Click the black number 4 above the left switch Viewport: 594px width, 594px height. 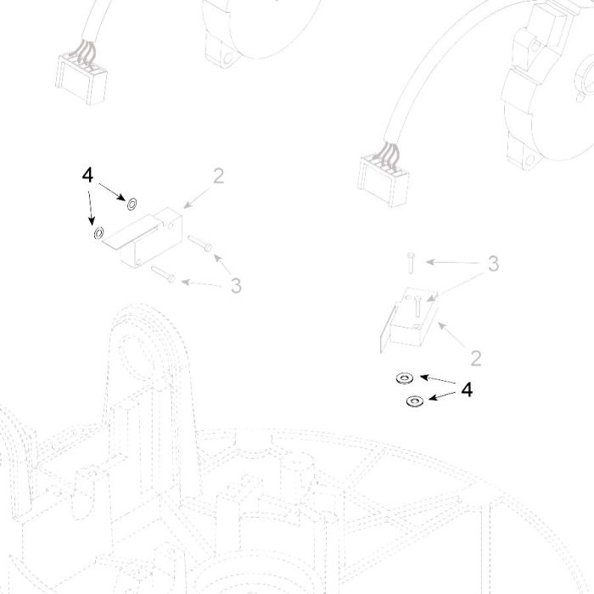(x=87, y=176)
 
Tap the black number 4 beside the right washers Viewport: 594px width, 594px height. (x=467, y=389)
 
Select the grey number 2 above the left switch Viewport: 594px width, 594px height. (x=219, y=176)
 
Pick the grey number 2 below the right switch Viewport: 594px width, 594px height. (x=476, y=358)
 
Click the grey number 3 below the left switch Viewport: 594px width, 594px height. (x=236, y=286)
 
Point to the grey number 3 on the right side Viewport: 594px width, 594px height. (x=493, y=263)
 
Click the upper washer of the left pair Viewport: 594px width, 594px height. (x=132, y=205)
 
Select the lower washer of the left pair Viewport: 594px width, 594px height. (x=98, y=233)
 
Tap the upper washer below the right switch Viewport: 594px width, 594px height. (x=404, y=378)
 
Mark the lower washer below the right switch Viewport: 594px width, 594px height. (x=415, y=401)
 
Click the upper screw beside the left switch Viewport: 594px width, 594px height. (x=200, y=243)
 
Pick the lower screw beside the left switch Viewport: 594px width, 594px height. (x=163, y=274)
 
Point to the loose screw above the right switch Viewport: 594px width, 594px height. (x=411, y=262)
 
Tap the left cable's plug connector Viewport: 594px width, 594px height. (x=81, y=80)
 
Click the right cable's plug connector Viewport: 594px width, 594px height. (x=383, y=182)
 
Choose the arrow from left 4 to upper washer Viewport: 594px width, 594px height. (x=112, y=192)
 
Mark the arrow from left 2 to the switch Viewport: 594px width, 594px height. (x=197, y=197)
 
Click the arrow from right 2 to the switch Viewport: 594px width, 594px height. (x=451, y=334)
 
